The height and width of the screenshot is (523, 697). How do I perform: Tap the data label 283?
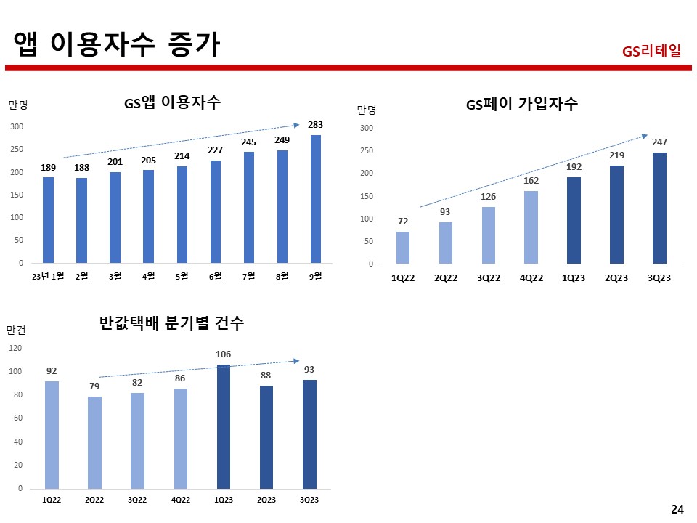coord(315,125)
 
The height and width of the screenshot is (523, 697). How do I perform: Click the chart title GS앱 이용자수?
coord(172,102)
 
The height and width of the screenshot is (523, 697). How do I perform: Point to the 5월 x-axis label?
coord(182,276)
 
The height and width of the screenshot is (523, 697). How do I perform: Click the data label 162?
coord(531,180)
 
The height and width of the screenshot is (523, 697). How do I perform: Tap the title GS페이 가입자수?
coord(521,104)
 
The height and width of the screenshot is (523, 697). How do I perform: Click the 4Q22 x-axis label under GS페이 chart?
coord(531,278)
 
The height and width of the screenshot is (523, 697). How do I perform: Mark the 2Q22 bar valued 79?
coord(94,442)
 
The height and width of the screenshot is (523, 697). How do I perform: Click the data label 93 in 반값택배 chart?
coord(309,370)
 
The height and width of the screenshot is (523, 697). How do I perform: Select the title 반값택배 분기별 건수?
coord(171,324)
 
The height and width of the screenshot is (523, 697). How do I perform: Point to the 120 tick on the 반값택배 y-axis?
coord(15,349)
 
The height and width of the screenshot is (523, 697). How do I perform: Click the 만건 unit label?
coord(16,330)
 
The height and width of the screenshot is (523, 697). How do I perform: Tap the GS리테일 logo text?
coord(651,52)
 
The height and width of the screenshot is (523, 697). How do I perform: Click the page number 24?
coord(677,509)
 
